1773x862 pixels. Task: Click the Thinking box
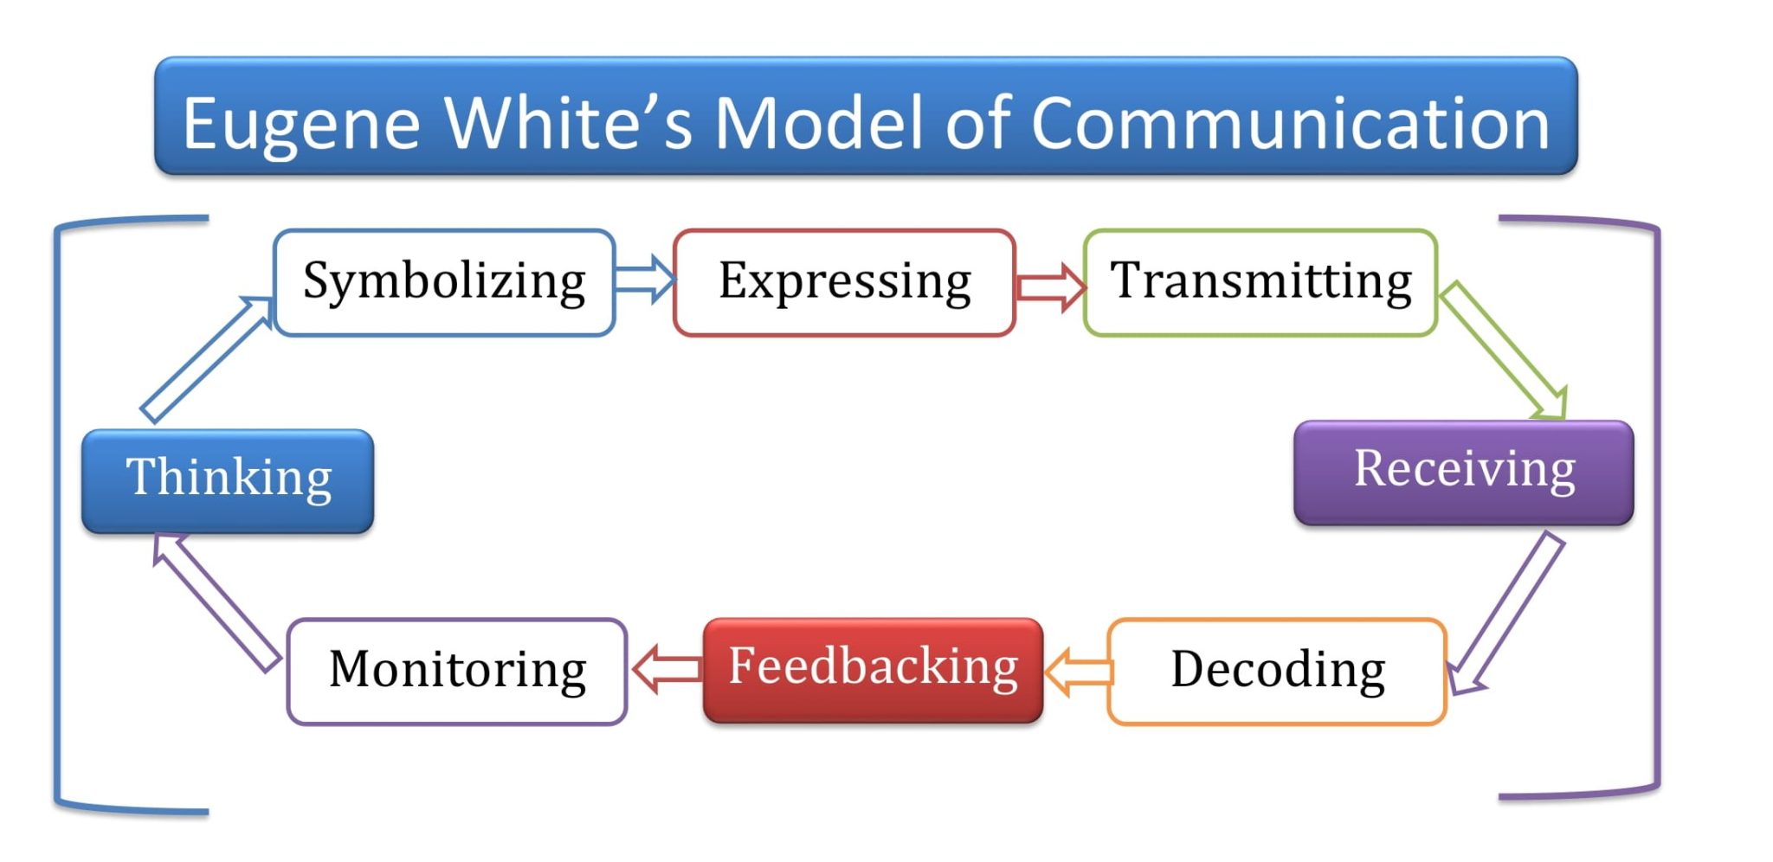228,480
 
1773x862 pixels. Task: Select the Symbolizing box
444,282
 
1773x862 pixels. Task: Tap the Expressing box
844,282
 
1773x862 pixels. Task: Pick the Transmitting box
1260,282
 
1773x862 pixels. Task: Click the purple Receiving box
1463,472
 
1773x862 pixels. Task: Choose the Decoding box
1277,671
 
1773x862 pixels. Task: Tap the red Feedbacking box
873,669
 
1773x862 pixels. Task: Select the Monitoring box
457,671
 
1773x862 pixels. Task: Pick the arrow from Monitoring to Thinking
216,602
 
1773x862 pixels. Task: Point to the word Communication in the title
1290,124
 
